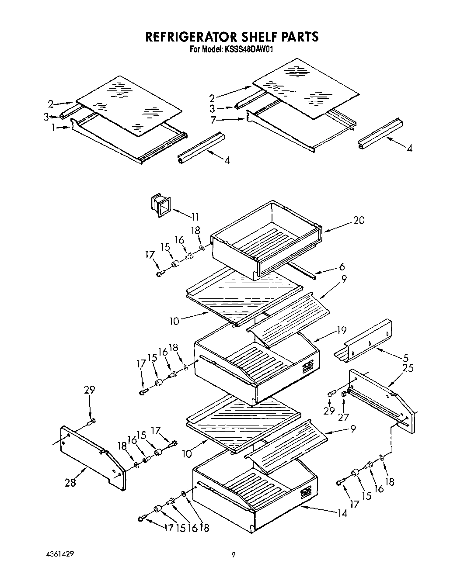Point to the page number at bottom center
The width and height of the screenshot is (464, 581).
point(234,555)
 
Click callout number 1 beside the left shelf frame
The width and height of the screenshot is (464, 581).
point(53,127)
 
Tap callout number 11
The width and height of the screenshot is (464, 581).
point(194,217)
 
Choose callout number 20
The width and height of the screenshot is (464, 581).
point(358,221)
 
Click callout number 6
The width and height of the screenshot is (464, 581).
point(342,266)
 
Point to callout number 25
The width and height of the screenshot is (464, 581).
point(408,368)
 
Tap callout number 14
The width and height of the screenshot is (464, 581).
point(342,513)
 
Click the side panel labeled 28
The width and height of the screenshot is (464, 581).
point(92,456)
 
